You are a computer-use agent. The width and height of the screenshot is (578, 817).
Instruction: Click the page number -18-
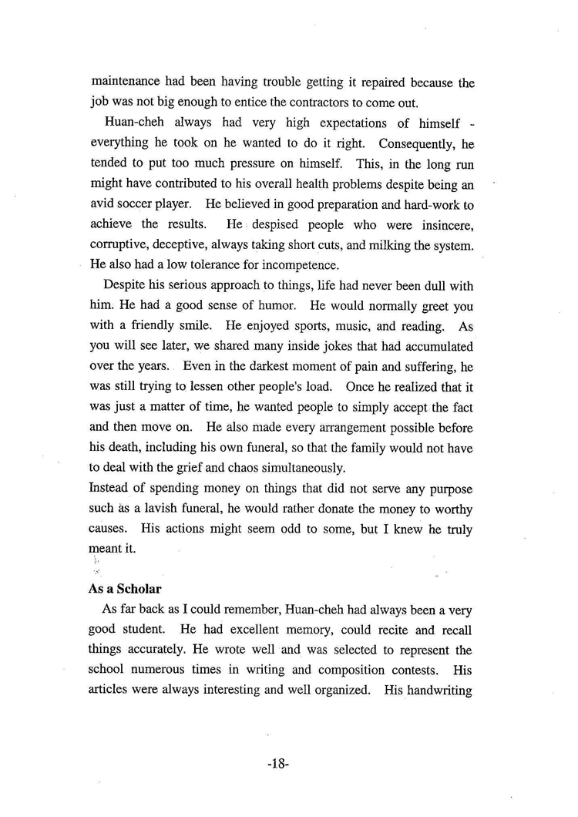pos(277,764)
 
